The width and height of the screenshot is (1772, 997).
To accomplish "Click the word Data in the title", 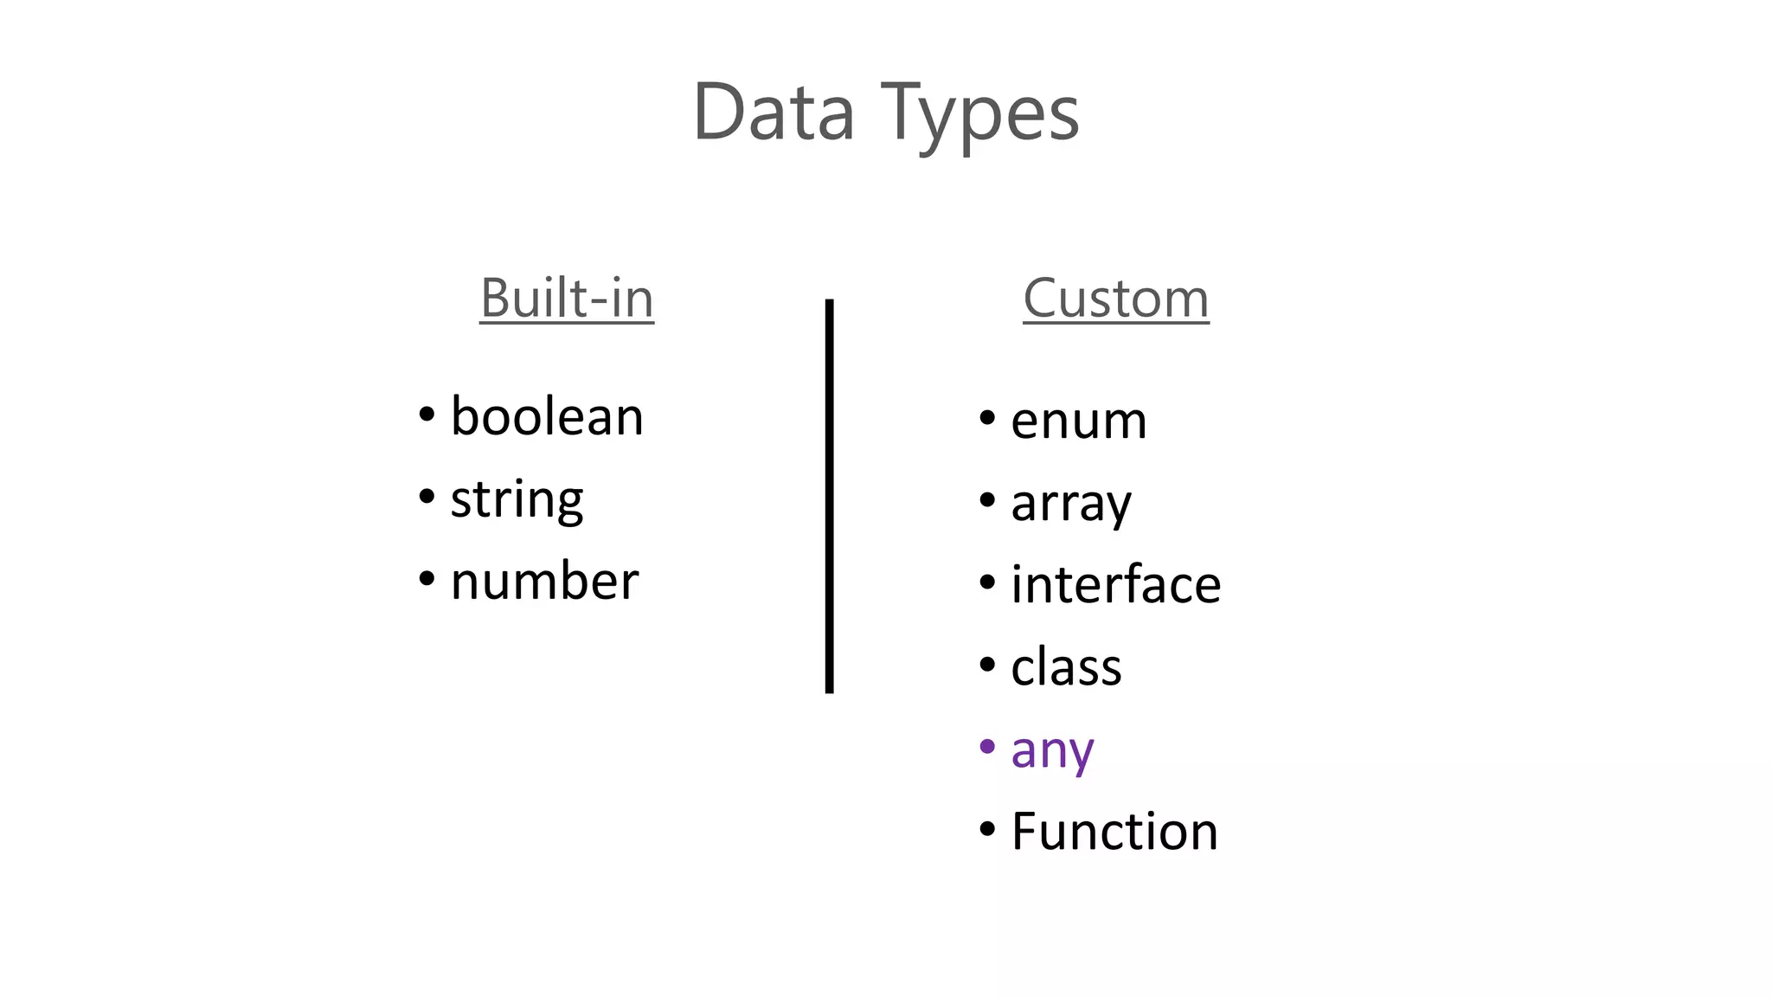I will [774, 113].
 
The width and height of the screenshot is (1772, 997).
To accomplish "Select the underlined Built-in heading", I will [567, 299].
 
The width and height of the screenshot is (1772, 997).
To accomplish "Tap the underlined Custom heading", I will [1116, 299].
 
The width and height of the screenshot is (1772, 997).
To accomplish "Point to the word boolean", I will [547, 416].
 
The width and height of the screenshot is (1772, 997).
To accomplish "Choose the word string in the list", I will [517, 499].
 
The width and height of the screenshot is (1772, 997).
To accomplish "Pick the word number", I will [544, 581].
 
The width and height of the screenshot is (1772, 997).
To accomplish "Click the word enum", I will [1079, 421].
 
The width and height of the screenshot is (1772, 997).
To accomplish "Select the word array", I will [1071, 504].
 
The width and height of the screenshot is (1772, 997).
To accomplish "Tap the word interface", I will [1116, 584].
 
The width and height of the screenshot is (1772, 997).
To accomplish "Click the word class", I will [1066, 667].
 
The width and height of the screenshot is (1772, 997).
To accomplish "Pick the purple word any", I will [1052, 750].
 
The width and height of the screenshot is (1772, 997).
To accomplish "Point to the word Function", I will [1114, 832].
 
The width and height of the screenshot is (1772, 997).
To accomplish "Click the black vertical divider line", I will [829, 496].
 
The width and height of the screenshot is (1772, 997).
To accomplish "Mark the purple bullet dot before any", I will [987, 746].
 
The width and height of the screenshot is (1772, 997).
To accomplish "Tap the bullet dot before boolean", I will [427, 414].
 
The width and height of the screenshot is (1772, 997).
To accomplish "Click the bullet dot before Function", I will [987, 828].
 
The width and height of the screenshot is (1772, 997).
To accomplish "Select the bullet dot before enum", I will [987, 418].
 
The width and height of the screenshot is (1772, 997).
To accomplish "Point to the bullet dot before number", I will [427, 577].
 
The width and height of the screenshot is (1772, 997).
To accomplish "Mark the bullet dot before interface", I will [987, 582].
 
